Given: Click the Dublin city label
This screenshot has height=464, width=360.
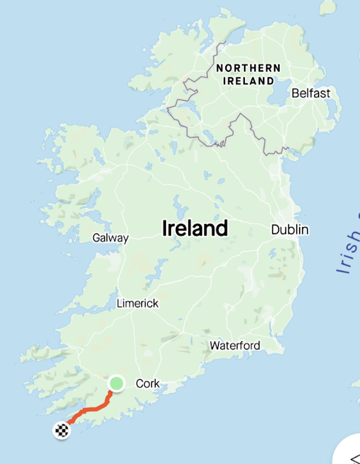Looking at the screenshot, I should click(290, 230).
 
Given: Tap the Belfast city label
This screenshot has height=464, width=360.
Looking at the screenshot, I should click(311, 94).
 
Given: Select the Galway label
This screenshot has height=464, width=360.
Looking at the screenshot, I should click(111, 238).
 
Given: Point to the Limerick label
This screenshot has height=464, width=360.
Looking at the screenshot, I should click(138, 303).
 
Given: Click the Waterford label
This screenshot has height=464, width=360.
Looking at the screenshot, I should click(235, 346).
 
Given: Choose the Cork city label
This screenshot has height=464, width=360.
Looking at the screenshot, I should click(147, 384).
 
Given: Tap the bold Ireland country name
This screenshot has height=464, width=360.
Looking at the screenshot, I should click(194, 229).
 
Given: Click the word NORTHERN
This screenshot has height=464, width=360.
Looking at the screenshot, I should click(248, 67).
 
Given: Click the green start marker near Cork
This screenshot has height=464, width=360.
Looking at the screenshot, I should click(117, 383).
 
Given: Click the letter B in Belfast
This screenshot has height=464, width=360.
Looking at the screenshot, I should click(295, 94).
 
